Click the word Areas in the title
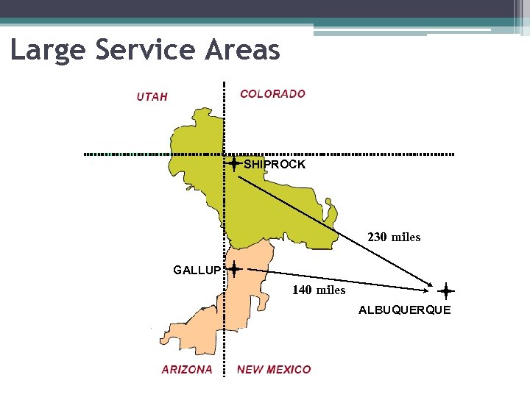tap(244, 50)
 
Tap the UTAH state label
tap(152, 96)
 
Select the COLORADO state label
tap(272, 93)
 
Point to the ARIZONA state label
tap(187, 370)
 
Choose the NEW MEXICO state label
tap(274, 370)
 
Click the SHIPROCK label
tap(275, 165)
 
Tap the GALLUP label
tap(197, 271)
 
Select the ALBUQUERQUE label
tap(404, 310)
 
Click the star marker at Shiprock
tap(233, 163)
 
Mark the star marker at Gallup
tap(233, 270)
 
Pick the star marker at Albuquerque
tap(446, 290)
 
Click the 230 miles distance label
tap(394, 237)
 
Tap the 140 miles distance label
tap(319, 290)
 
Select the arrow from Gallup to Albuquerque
tap(339, 279)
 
